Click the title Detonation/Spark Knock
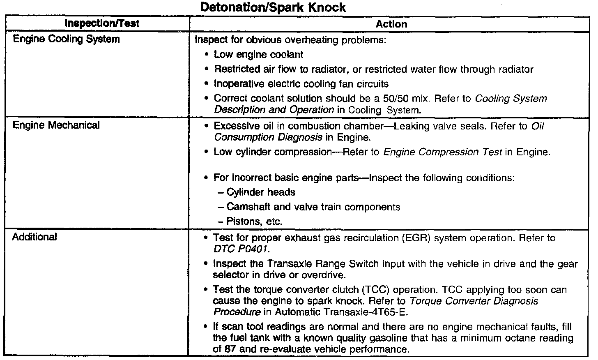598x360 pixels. tap(274, 7)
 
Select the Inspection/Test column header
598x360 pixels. tap(102, 23)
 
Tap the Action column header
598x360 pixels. tap(391, 24)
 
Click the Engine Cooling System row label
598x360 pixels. tap(67, 39)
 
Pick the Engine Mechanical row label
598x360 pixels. tap(56, 125)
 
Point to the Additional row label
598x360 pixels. tap(34, 237)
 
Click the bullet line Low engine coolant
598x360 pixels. tap(258, 55)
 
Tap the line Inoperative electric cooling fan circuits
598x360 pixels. tap(301, 84)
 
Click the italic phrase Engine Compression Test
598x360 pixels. tap(442, 152)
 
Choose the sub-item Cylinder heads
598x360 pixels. tap(260, 192)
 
